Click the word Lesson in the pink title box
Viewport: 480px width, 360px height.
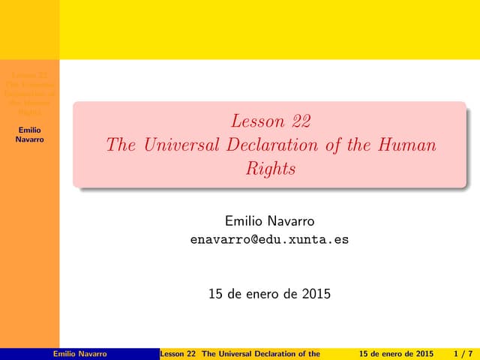coord(258,121)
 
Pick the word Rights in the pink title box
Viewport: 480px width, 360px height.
coord(271,169)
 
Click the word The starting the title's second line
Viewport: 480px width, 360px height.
coord(121,145)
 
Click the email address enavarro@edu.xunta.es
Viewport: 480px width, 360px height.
coord(270,241)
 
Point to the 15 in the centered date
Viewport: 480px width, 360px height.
coord(216,293)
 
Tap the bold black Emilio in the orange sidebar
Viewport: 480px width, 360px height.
coord(30,130)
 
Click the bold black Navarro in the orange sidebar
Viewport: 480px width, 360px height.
coord(30,139)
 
